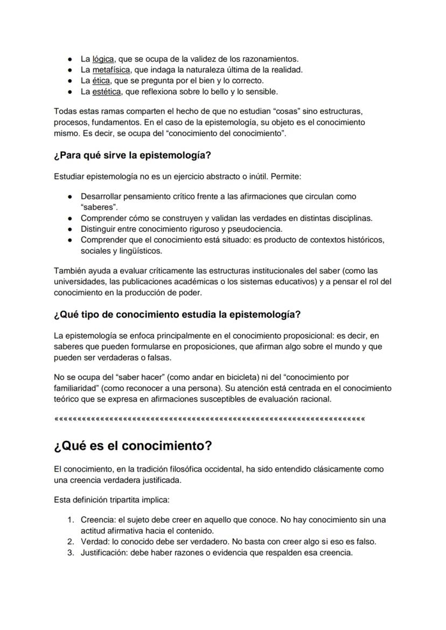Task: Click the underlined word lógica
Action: pyautogui.click(x=103, y=59)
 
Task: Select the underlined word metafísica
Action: pyautogui.click(x=111, y=70)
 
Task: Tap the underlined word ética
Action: pyautogui.click(x=101, y=80)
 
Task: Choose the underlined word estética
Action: pyautogui.click(x=106, y=91)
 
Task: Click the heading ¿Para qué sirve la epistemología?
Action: pyautogui.click(x=133, y=156)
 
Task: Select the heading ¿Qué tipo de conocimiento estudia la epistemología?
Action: pyautogui.click(x=177, y=314)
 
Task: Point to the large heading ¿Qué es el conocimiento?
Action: pyautogui.click(x=133, y=446)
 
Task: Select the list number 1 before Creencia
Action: pyautogui.click(x=71, y=520)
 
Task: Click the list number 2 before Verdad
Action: pyautogui.click(x=71, y=542)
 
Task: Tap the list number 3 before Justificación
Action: pyautogui.click(x=71, y=552)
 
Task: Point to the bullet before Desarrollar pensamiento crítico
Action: pyautogui.click(x=70, y=197)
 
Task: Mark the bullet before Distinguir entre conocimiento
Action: pyautogui.click(x=70, y=229)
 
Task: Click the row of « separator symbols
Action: pyautogui.click(x=210, y=418)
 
